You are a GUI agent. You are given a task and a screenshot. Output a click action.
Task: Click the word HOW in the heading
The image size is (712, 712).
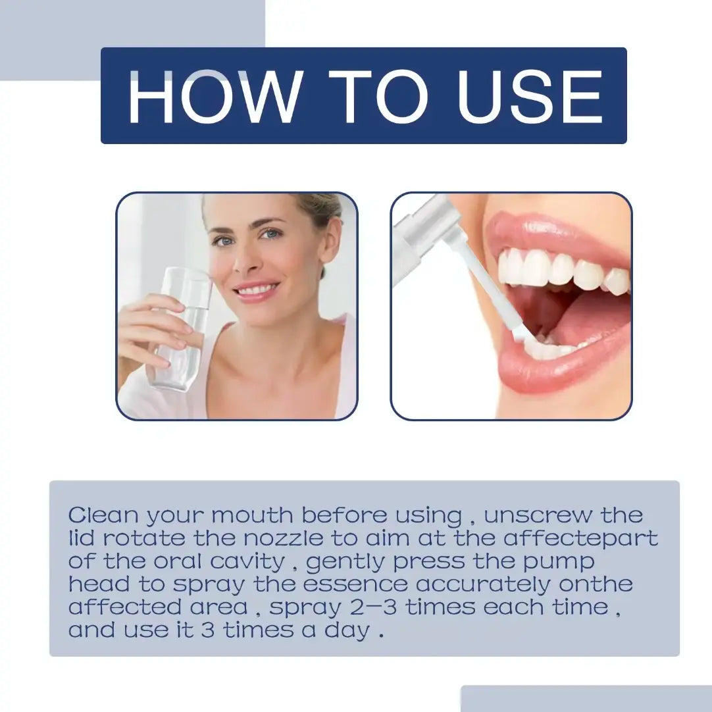tap(215, 97)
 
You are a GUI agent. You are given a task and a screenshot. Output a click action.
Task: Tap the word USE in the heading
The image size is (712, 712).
tap(530, 97)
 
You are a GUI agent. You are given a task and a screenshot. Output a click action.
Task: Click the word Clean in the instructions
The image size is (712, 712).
tap(103, 515)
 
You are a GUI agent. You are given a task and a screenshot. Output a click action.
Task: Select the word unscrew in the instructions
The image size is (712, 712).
tap(538, 515)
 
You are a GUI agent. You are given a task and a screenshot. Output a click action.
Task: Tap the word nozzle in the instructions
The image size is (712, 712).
tap(283, 538)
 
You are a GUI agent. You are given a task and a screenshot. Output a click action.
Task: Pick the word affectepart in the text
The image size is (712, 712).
tap(581, 538)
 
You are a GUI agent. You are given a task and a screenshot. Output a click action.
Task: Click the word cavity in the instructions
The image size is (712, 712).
tap(247, 562)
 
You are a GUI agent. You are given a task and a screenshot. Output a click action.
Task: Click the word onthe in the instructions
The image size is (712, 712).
tap(596, 584)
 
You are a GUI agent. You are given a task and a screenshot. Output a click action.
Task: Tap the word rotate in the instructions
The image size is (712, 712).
tap(144, 538)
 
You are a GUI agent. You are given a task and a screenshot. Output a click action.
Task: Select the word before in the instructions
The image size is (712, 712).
tap(344, 515)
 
